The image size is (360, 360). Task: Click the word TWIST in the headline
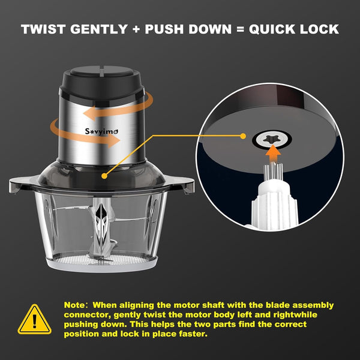43,29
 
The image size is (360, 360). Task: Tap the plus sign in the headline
136,29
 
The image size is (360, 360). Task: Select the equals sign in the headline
240,29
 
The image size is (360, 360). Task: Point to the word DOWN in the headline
210,29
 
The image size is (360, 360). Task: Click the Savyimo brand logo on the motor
101,131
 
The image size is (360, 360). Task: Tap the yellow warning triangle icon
34,319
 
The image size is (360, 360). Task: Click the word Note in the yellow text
74,305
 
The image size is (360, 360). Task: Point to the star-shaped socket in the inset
271,139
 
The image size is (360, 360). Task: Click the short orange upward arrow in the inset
273,155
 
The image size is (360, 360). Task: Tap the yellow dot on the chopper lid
104,176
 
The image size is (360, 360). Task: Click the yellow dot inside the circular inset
243,136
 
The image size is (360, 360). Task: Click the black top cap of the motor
102,81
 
